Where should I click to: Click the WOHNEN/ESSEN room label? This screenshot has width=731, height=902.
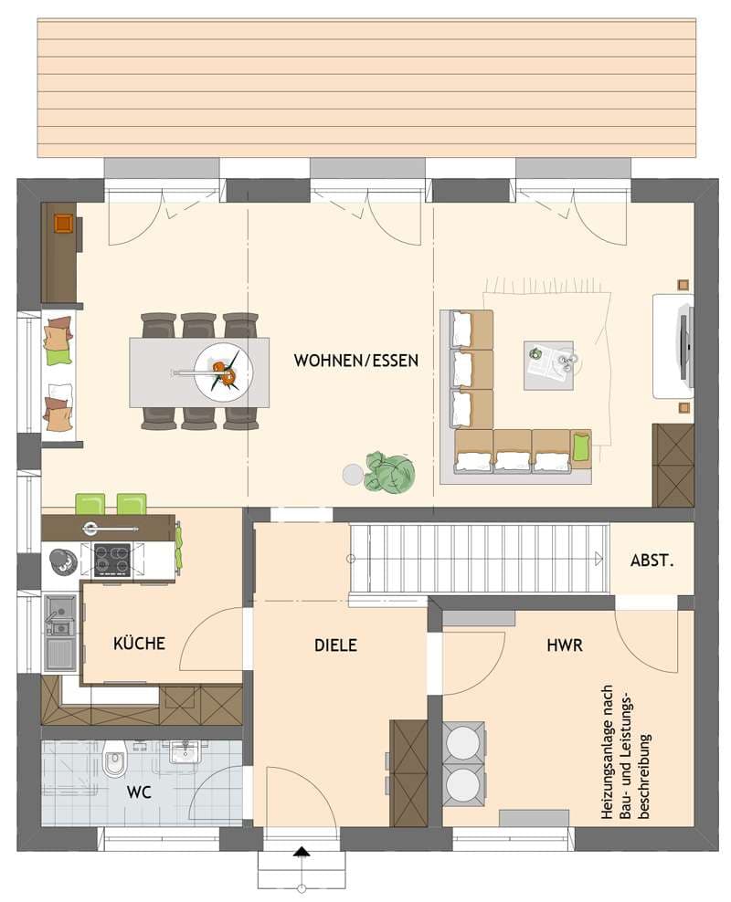355,361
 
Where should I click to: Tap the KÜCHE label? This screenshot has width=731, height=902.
139,643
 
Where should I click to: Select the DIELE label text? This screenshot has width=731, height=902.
335,645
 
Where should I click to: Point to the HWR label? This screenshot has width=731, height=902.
565,645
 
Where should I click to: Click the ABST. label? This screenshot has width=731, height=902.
652,561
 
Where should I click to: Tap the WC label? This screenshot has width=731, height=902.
139,792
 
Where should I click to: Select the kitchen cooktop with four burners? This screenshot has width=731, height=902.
112,559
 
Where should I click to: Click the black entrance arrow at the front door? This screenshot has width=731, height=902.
301,852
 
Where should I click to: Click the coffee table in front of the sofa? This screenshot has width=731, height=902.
548,365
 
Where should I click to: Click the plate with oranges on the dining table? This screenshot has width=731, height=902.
223,372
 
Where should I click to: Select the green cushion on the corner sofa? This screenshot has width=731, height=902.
581,445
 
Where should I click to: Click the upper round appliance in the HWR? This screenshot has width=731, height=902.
463,742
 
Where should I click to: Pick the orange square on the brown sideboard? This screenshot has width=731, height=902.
63,223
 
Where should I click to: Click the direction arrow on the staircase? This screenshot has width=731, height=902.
599,559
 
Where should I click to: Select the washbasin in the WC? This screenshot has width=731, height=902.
185,752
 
